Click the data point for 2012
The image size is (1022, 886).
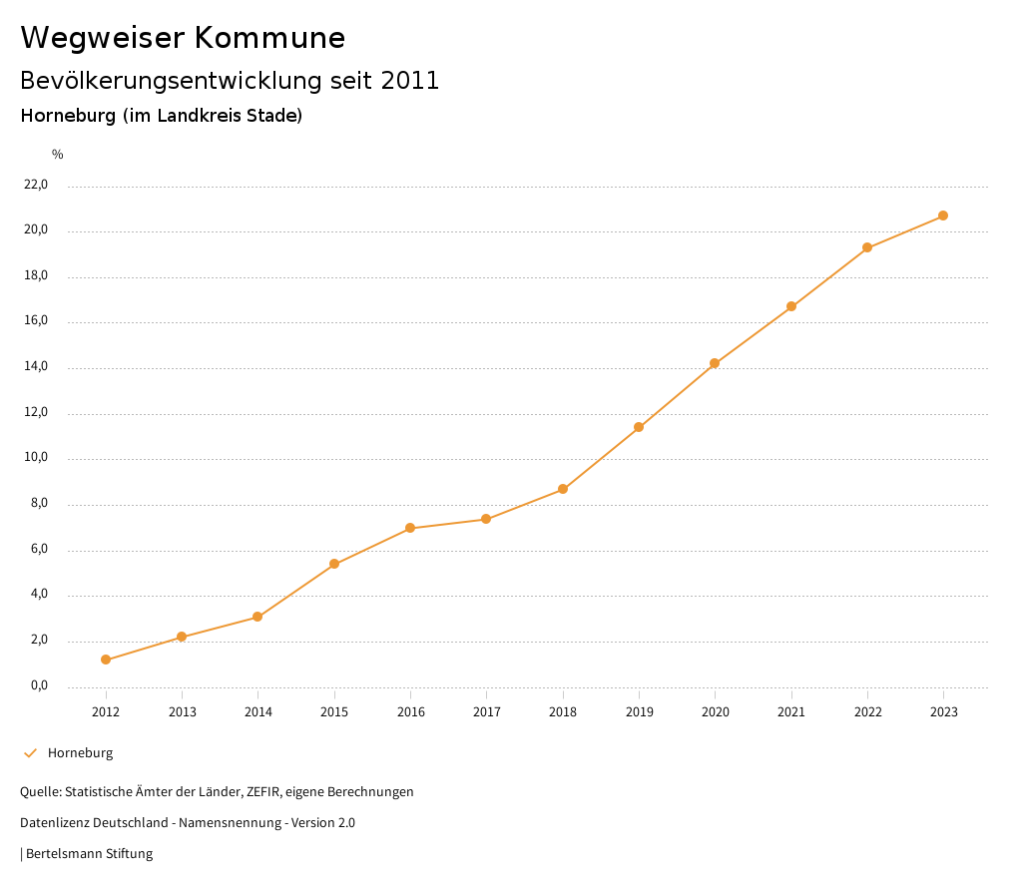[x=106, y=660]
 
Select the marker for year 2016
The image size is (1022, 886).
[x=410, y=528]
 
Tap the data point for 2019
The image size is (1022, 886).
[x=639, y=427]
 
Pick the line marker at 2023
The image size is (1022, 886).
[x=943, y=216]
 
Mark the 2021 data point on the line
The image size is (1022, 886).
[x=791, y=306]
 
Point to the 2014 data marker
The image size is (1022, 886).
[x=257, y=617]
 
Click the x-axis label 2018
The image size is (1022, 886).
[x=563, y=711]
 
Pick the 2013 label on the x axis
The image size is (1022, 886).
[x=182, y=711]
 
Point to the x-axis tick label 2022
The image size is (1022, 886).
[x=867, y=711]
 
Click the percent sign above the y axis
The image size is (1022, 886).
[x=58, y=155]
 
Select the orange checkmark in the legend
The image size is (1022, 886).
[x=30, y=753]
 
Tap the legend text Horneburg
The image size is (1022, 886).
[x=80, y=753]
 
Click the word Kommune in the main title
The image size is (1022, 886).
[x=269, y=38]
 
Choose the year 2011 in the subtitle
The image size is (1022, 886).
[x=410, y=81]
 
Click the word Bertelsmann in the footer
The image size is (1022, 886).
[x=64, y=854]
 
